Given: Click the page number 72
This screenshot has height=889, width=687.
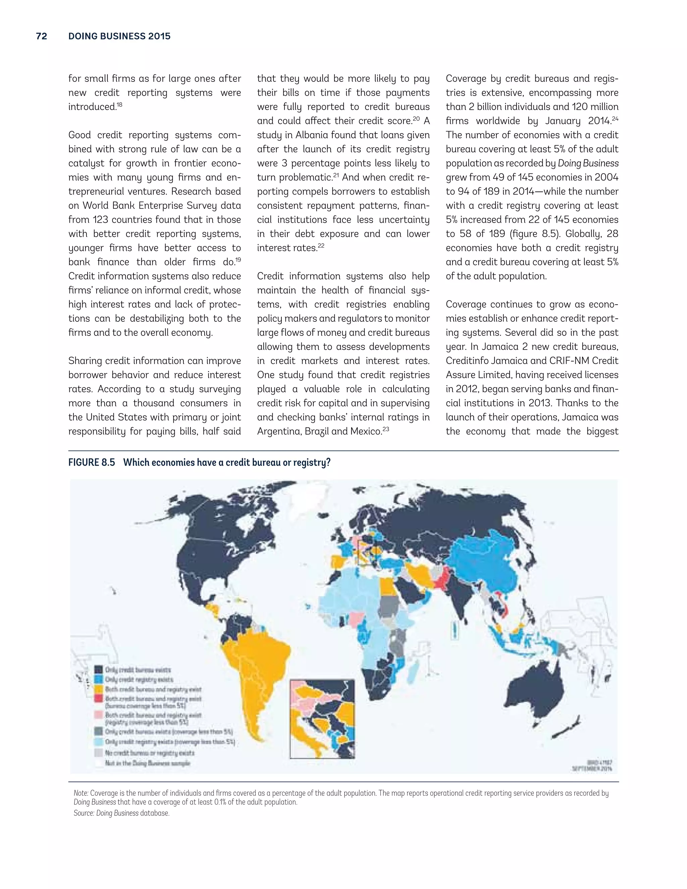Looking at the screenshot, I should point(42,36).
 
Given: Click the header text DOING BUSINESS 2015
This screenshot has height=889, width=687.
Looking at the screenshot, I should point(119,36).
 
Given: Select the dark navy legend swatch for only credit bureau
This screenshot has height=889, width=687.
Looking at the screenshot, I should point(99,669).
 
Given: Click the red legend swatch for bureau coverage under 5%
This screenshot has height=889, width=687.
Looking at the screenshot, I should point(99,698).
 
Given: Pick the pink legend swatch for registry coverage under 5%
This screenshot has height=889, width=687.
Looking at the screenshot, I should point(99,715).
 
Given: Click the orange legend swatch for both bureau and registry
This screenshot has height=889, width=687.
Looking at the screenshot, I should point(99,689).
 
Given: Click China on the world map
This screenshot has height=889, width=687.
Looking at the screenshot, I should point(488,570).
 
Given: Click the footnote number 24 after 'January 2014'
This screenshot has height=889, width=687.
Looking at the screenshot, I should point(615,118).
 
